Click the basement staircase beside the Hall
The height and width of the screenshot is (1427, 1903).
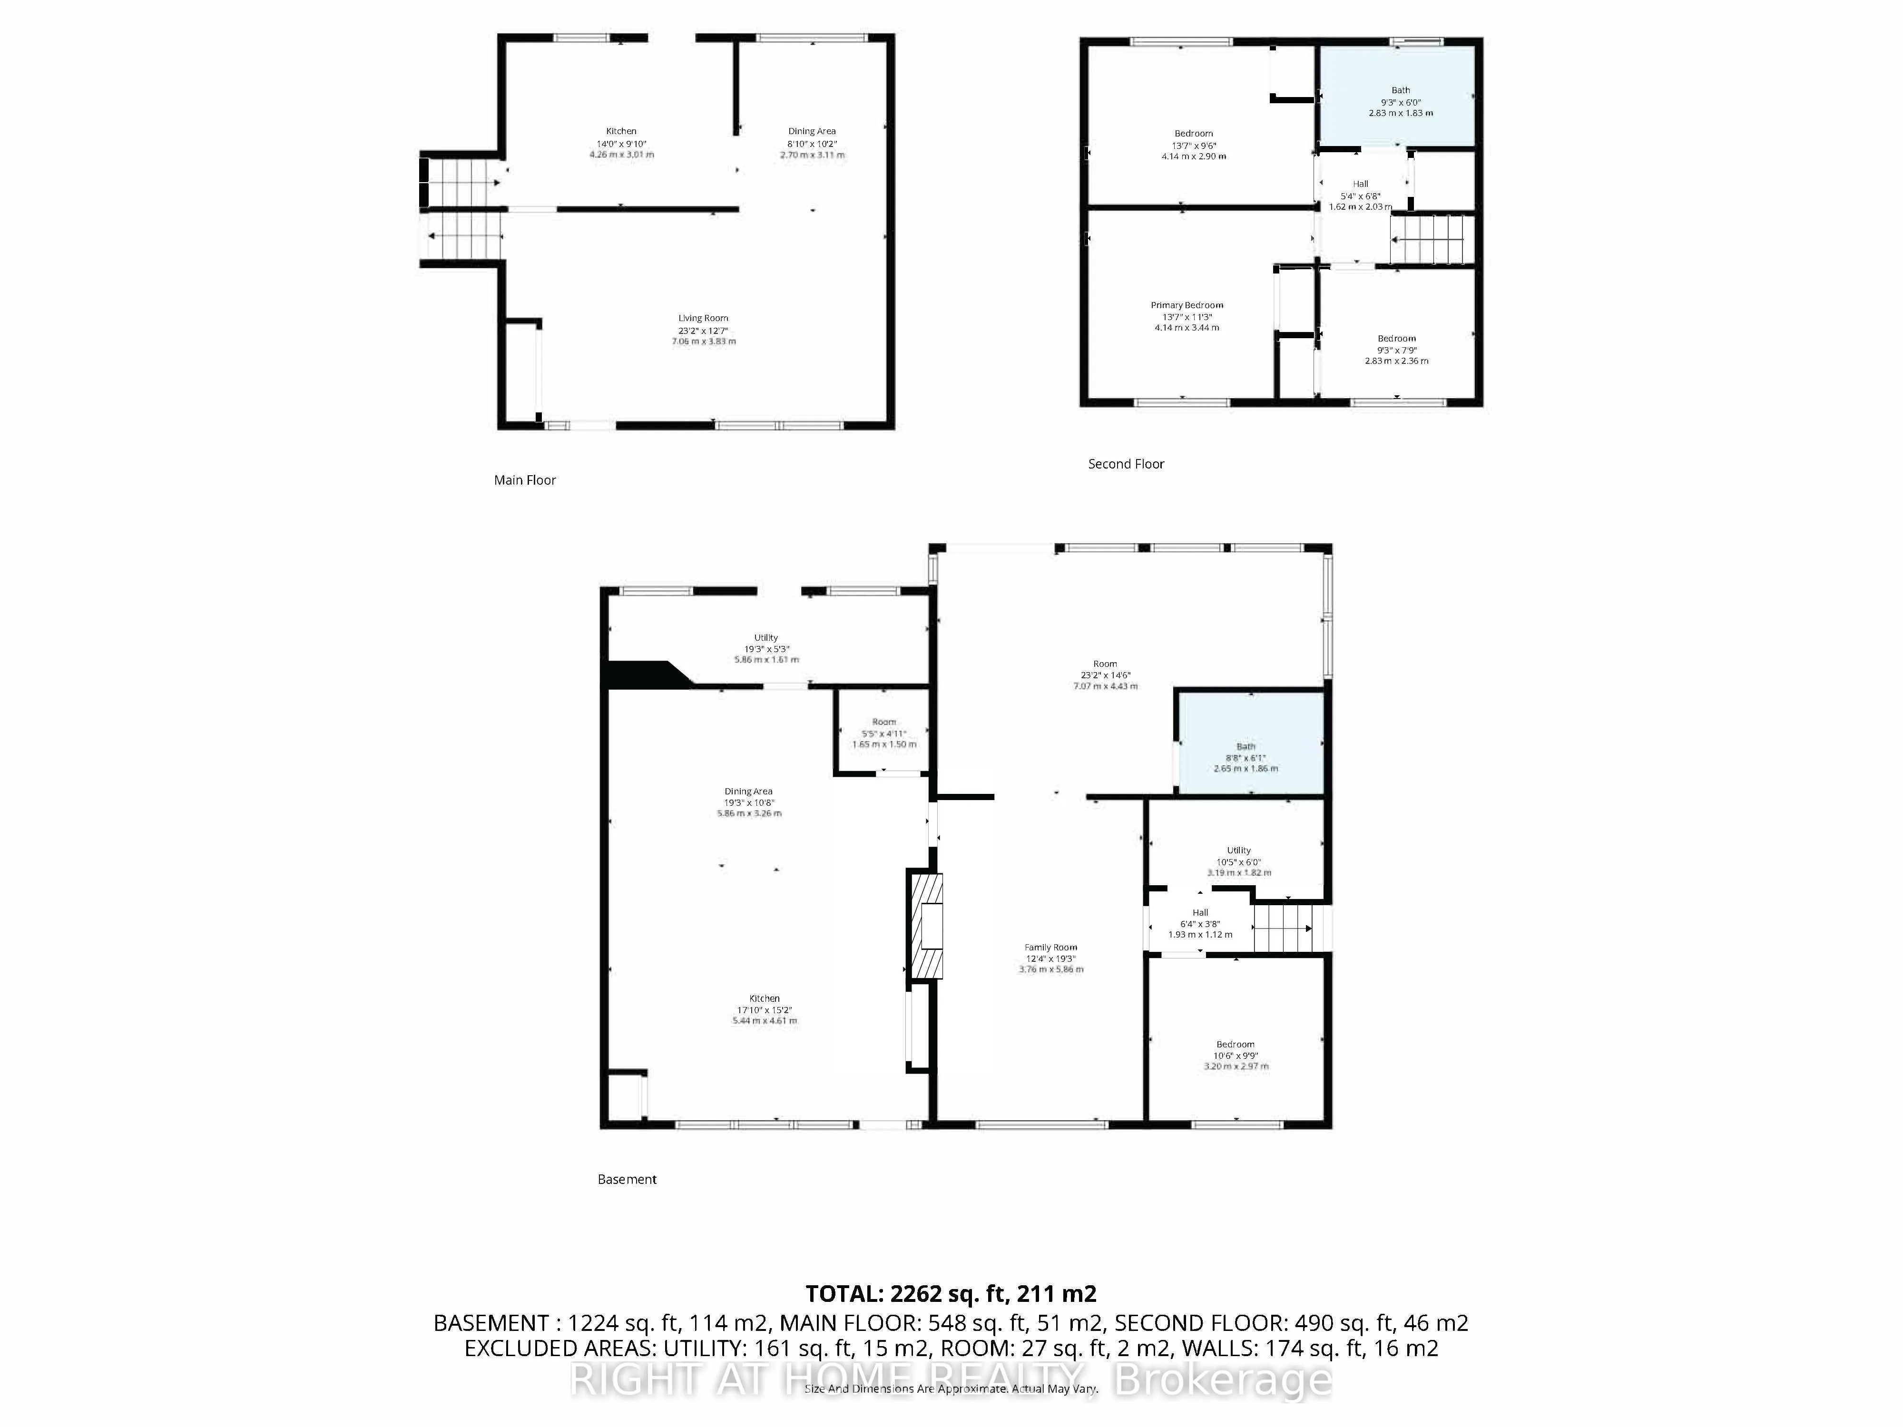coord(1282,928)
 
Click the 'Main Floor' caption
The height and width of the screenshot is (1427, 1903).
coord(525,480)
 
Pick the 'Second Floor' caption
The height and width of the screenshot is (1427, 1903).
coord(1125,464)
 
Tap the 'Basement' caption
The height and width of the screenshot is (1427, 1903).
coord(626,1179)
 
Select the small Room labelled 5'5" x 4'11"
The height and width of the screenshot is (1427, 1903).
coord(883,733)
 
